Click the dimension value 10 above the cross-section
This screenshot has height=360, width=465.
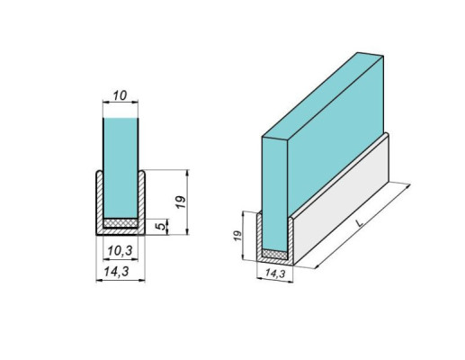121,94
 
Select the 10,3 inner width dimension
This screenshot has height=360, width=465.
121,249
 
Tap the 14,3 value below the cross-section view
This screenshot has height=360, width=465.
121,270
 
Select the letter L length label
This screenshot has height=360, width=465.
360,221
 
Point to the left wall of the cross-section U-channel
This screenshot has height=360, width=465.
99,202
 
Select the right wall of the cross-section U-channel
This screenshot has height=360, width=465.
144,202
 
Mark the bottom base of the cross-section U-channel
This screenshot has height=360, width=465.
121,231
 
